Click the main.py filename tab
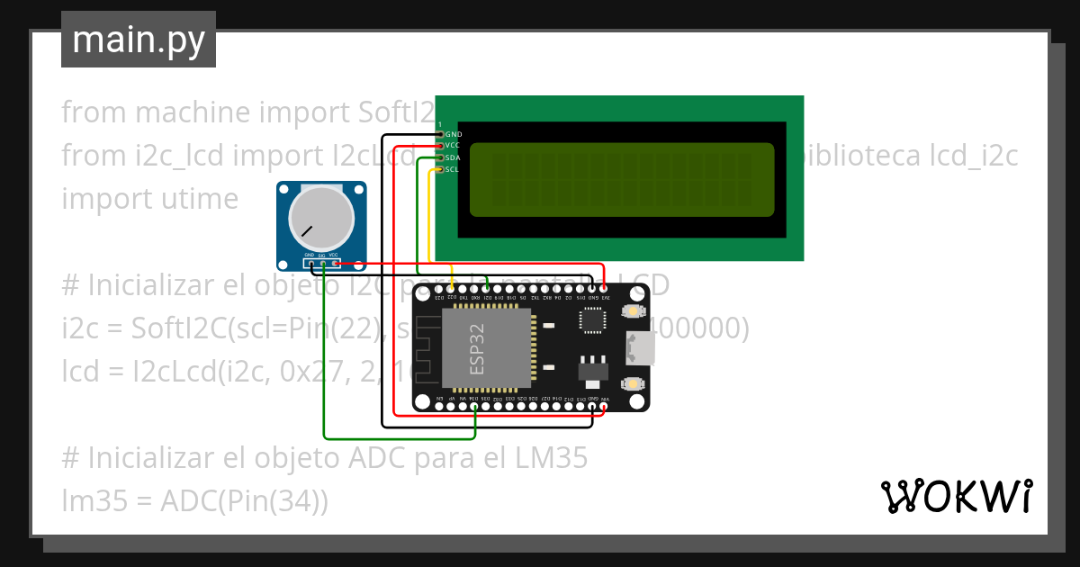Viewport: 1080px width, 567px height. point(138,40)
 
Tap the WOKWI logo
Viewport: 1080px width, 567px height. point(956,496)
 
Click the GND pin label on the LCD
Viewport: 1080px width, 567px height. point(454,134)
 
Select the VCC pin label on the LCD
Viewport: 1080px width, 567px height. point(453,145)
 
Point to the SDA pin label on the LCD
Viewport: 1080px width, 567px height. point(453,157)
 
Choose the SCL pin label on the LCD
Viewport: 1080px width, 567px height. point(453,168)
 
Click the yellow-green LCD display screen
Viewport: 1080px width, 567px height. point(621,179)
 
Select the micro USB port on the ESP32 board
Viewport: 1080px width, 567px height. point(642,347)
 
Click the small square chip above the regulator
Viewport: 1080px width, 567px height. point(593,320)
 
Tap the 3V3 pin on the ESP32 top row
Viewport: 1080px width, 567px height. point(605,289)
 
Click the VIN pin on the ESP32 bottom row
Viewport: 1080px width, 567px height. point(605,407)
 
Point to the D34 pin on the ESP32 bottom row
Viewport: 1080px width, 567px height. point(474,407)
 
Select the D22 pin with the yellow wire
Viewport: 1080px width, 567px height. point(451,289)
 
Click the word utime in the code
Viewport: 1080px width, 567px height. point(196,198)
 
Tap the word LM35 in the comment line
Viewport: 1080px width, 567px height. point(551,458)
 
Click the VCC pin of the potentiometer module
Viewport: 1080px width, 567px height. point(335,264)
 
